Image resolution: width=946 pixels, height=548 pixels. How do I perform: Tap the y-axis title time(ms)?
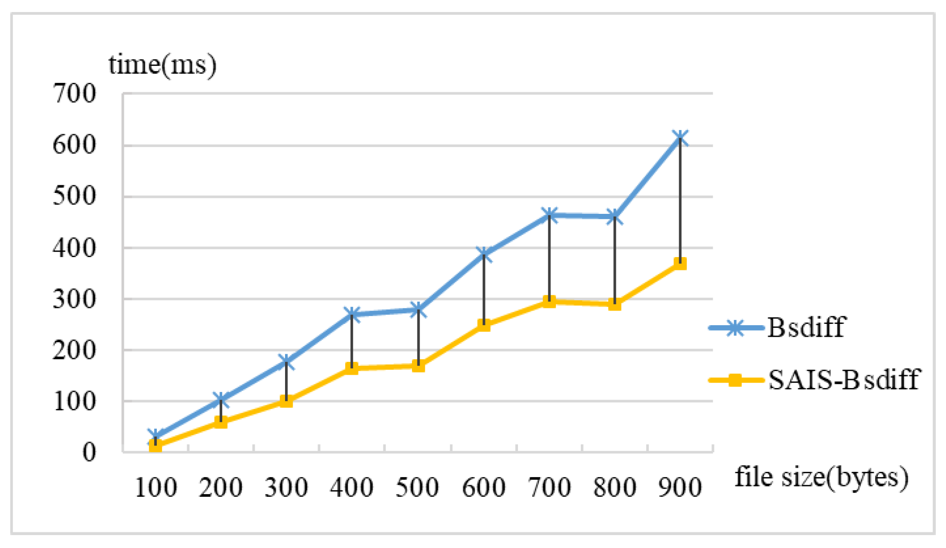point(163,65)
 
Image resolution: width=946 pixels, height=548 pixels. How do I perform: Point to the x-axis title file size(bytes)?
point(821,477)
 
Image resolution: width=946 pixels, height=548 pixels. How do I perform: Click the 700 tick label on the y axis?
point(74,94)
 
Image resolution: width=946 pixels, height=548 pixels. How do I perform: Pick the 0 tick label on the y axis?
point(89,452)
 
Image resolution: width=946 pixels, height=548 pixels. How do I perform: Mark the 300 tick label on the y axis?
point(74,299)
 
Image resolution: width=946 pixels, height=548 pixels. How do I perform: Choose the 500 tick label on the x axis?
point(417,487)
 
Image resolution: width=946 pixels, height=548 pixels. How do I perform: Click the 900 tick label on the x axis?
point(680,487)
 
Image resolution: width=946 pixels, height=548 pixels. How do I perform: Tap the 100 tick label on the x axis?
point(155,487)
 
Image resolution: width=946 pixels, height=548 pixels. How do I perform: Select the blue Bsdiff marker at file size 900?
point(680,138)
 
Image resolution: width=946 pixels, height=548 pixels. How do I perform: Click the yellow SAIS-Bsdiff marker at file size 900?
point(680,264)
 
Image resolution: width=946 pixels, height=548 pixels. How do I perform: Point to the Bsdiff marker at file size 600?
point(484,254)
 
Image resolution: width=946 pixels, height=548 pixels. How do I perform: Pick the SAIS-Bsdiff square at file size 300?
point(286,401)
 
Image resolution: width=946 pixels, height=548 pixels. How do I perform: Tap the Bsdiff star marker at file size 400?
point(352,314)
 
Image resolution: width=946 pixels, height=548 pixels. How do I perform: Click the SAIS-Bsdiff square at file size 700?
point(549,302)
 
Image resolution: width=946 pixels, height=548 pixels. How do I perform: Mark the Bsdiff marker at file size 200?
point(221,400)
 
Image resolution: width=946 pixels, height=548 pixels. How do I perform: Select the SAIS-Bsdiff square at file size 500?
point(418,366)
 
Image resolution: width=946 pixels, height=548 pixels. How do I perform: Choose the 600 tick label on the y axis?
point(74,145)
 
